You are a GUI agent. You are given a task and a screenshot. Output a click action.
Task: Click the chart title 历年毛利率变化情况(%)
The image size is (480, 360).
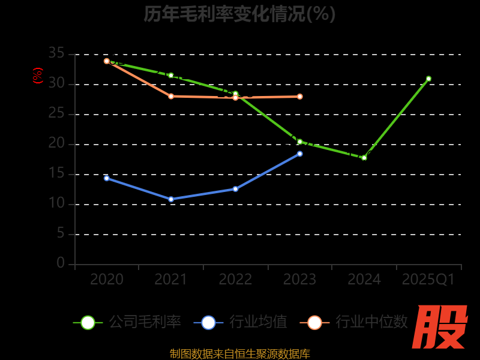(x=239, y=14)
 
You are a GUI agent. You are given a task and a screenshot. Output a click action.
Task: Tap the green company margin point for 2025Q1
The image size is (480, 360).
(x=428, y=79)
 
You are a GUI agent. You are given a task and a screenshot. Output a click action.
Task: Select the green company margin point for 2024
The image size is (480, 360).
(x=364, y=158)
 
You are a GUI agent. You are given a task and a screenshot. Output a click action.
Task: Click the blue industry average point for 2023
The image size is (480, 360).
(x=300, y=154)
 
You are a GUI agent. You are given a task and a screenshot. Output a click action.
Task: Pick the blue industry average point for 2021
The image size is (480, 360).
(x=171, y=199)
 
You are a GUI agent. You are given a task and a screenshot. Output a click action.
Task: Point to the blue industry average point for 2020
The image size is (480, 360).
(x=107, y=178)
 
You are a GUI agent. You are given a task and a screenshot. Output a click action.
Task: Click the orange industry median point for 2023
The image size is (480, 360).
(x=300, y=97)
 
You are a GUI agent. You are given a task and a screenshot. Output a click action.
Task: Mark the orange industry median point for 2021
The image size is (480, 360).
(x=171, y=96)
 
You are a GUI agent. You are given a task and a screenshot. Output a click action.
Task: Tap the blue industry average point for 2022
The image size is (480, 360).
(x=235, y=189)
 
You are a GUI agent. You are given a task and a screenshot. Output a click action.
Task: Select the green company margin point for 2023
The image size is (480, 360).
(x=300, y=142)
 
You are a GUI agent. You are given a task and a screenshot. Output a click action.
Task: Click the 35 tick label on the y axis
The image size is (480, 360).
(x=56, y=54)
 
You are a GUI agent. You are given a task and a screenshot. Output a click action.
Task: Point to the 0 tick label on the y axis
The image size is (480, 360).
(x=61, y=263)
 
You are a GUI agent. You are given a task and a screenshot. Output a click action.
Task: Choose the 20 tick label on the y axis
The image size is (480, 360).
(x=56, y=144)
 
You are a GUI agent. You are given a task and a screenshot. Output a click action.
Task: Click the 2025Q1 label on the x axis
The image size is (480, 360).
(x=428, y=280)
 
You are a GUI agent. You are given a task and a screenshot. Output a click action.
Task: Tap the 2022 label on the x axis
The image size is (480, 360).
(x=235, y=280)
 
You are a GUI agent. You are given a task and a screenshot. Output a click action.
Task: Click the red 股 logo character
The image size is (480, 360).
(x=441, y=327)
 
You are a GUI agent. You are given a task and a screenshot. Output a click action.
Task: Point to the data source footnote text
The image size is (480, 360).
(x=239, y=353)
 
